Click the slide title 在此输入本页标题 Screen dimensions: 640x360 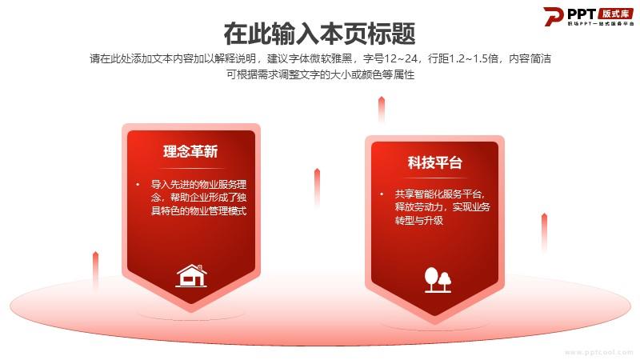pyautogui.click(x=319, y=34)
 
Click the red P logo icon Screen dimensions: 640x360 pyautogui.click(x=553, y=16)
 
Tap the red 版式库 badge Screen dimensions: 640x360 pyautogui.click(x=615, y=14)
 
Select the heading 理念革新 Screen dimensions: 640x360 pyautogui.click(x=190, y=151)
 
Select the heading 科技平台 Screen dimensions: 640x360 pyautogui.click(x=434, y=162)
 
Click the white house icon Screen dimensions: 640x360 pyautogui.click(x=191, y=275)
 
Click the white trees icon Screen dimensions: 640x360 pyautogui.click(x=438, y=280)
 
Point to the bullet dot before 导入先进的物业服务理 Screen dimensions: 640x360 pyautogui.click(x=138, y=185)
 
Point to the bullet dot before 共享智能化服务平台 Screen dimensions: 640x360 pyautogui.click(x=382, y=194)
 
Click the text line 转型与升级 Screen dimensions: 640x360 pyautogui.click(x=418, y=221)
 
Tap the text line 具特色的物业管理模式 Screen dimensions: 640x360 pyautogui.click(x=198, y=210)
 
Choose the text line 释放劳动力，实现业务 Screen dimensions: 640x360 pyautogui.click(x=442, y=207)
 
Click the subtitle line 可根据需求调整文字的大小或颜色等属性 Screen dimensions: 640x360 pyautogui.click(x=321, y=74)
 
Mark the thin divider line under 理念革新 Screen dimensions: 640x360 pyautogui.click(x=192, y=168)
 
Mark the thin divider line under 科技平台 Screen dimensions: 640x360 pyautogui.click(x=435, y=178)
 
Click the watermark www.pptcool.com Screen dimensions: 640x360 pyautogui.click(x=598, y=352)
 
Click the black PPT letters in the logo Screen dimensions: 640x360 pyautogui.click(x=582, y=14)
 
